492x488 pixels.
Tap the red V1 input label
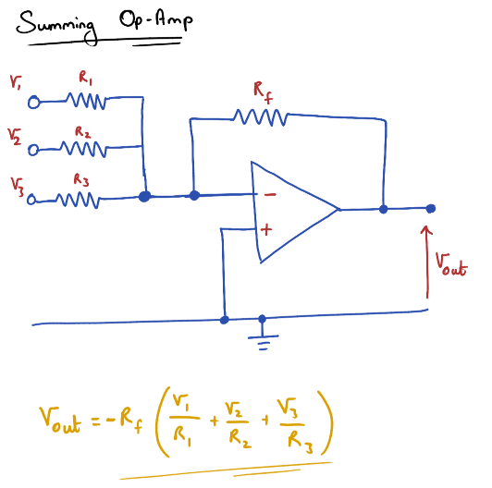(x=16, y=82)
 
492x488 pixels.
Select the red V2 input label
(x=15, y=137)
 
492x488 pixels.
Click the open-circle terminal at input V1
(x=35, y=102)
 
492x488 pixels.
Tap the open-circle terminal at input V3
(x=33, y=199)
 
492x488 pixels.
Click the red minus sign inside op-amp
(x=269, y=195)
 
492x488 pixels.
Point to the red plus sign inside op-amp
(x=266, y=229)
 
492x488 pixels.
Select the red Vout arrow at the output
(x=426, y=259)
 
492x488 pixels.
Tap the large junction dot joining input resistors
(x=144, y=196)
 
